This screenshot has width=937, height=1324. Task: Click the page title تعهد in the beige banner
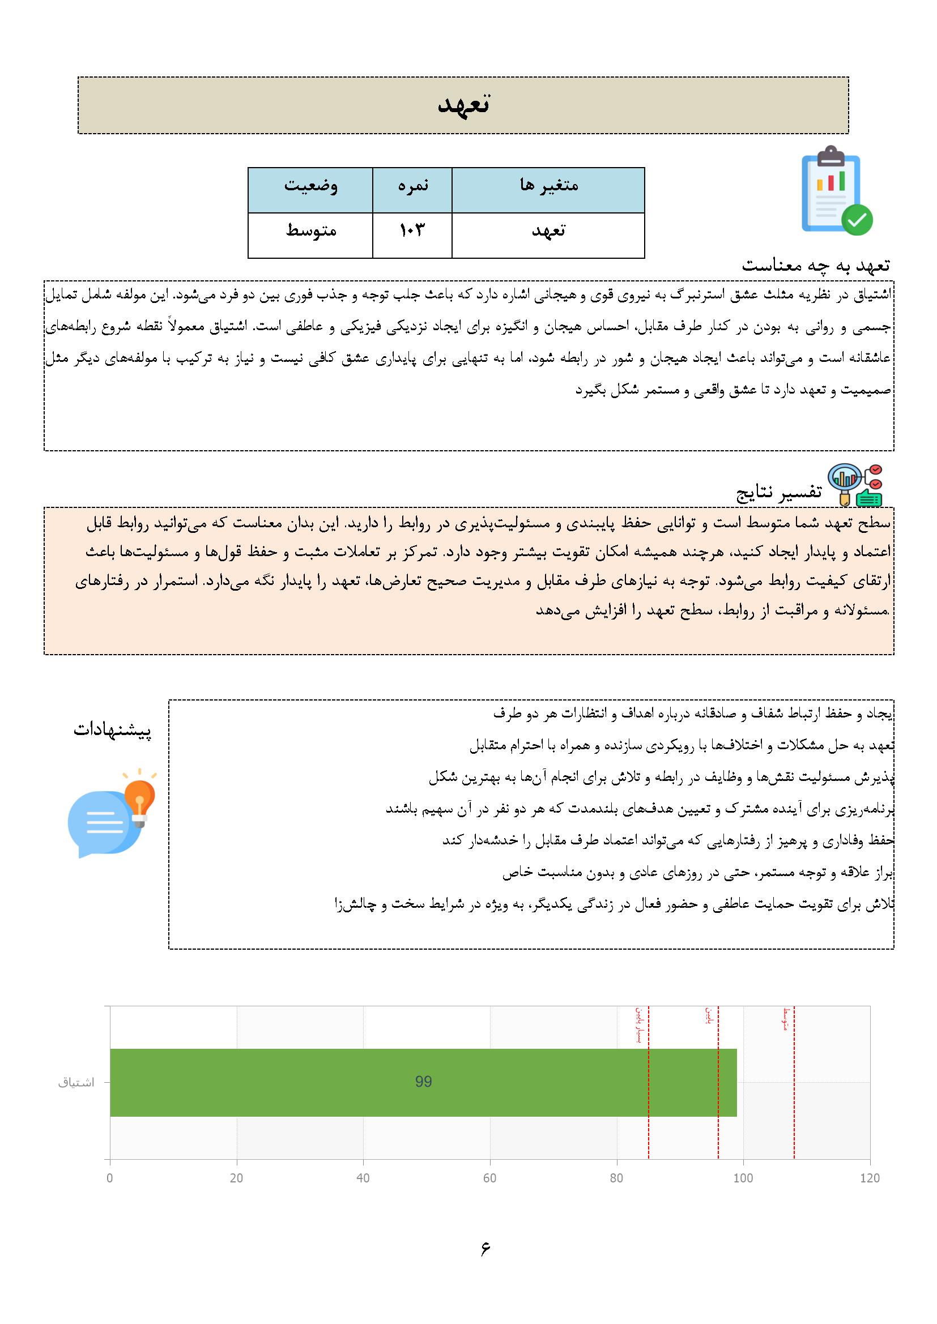[x=463, y=105]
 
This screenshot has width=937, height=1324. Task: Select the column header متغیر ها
[x=548, y=186]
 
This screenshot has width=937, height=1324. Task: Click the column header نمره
[x=412, y=186]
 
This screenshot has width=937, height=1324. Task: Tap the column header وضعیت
[x=310, y=186]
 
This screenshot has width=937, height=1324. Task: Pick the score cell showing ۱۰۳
[x=412, y=230]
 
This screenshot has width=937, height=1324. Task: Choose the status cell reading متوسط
[x=310, y=230]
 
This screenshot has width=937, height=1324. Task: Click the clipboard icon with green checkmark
[x=836, y=191]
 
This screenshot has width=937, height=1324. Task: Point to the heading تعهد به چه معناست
[x=815, y=265]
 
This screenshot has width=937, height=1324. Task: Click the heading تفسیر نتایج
[x=778, y=492]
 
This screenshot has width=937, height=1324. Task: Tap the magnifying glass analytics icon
[x=854, y=485]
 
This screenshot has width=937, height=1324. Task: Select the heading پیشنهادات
[x=112, y=730]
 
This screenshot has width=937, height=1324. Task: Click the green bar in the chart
[x=423, y=1082]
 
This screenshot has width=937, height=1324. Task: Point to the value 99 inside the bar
[x=424, y=1082]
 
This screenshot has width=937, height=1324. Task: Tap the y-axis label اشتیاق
[x=76, y=1082]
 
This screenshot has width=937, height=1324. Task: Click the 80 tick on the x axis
[x=616, y=1178]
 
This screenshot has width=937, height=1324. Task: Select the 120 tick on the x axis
[x=869, y=1178]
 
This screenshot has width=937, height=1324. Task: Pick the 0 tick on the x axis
[x=110, y=1178]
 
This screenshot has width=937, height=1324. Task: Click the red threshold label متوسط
[x=786, y=1019]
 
